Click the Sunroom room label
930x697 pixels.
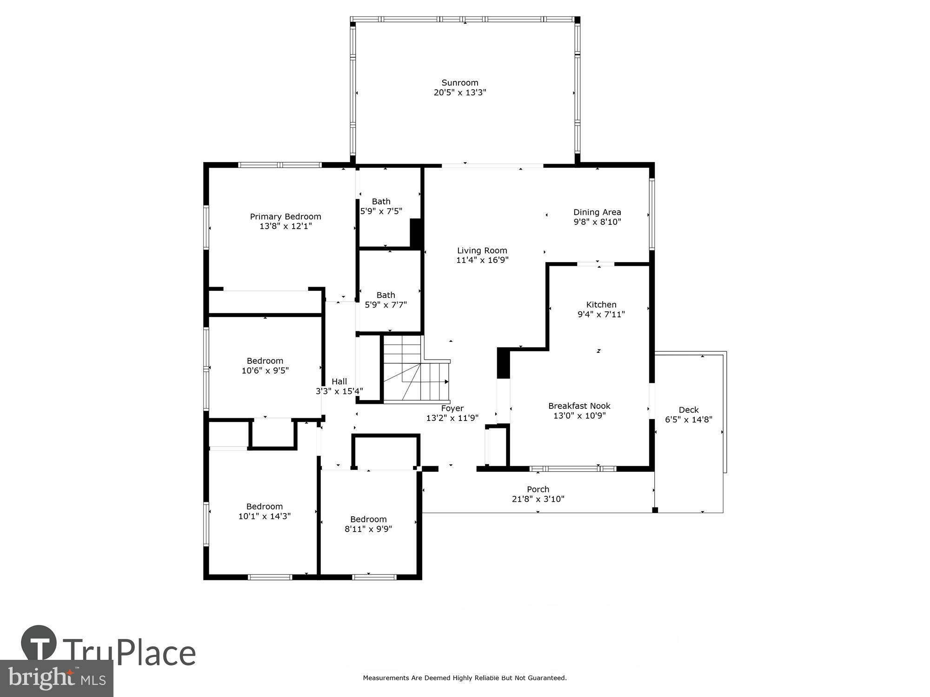(459, 83)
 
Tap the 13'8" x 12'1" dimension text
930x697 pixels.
(286, 226)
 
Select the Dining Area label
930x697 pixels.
(597, 212)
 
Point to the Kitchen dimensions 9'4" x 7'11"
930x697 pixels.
(601, 315)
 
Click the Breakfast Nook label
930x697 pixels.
(579, 406)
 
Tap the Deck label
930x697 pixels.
(688, 410)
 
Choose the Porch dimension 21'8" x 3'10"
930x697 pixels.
(538, 499)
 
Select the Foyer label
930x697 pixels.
(452, 408)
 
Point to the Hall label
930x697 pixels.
(339, 381)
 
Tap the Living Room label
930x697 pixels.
(482, 250)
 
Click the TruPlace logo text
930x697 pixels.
(129, 652)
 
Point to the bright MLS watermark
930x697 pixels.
(57, 679)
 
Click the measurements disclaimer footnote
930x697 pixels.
(465, 678)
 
